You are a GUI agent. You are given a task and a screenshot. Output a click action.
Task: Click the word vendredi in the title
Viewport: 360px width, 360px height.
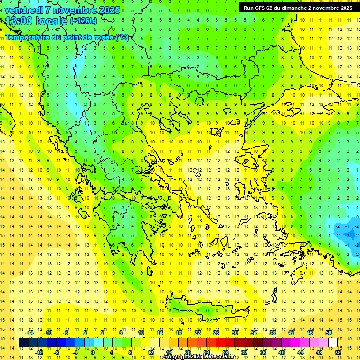[24, 10]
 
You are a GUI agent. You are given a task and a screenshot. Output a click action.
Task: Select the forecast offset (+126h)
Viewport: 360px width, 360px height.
[83, 21]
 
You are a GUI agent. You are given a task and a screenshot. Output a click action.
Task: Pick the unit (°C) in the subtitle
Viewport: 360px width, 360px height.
[122, 37]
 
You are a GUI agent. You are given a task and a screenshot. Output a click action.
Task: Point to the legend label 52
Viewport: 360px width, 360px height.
[338, 352]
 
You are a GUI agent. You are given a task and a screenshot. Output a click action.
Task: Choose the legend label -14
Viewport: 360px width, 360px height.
[30, 332]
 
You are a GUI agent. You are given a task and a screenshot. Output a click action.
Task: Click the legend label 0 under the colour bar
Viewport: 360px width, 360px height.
[92, 352]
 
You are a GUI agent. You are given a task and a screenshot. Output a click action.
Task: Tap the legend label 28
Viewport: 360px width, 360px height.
[225, 352]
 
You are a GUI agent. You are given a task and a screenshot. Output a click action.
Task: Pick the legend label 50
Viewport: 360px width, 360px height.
[328, 332]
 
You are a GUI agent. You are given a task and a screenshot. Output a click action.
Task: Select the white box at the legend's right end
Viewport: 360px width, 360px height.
[333, 342]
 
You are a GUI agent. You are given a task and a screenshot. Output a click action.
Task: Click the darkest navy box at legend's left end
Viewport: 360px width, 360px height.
[23, 342]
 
